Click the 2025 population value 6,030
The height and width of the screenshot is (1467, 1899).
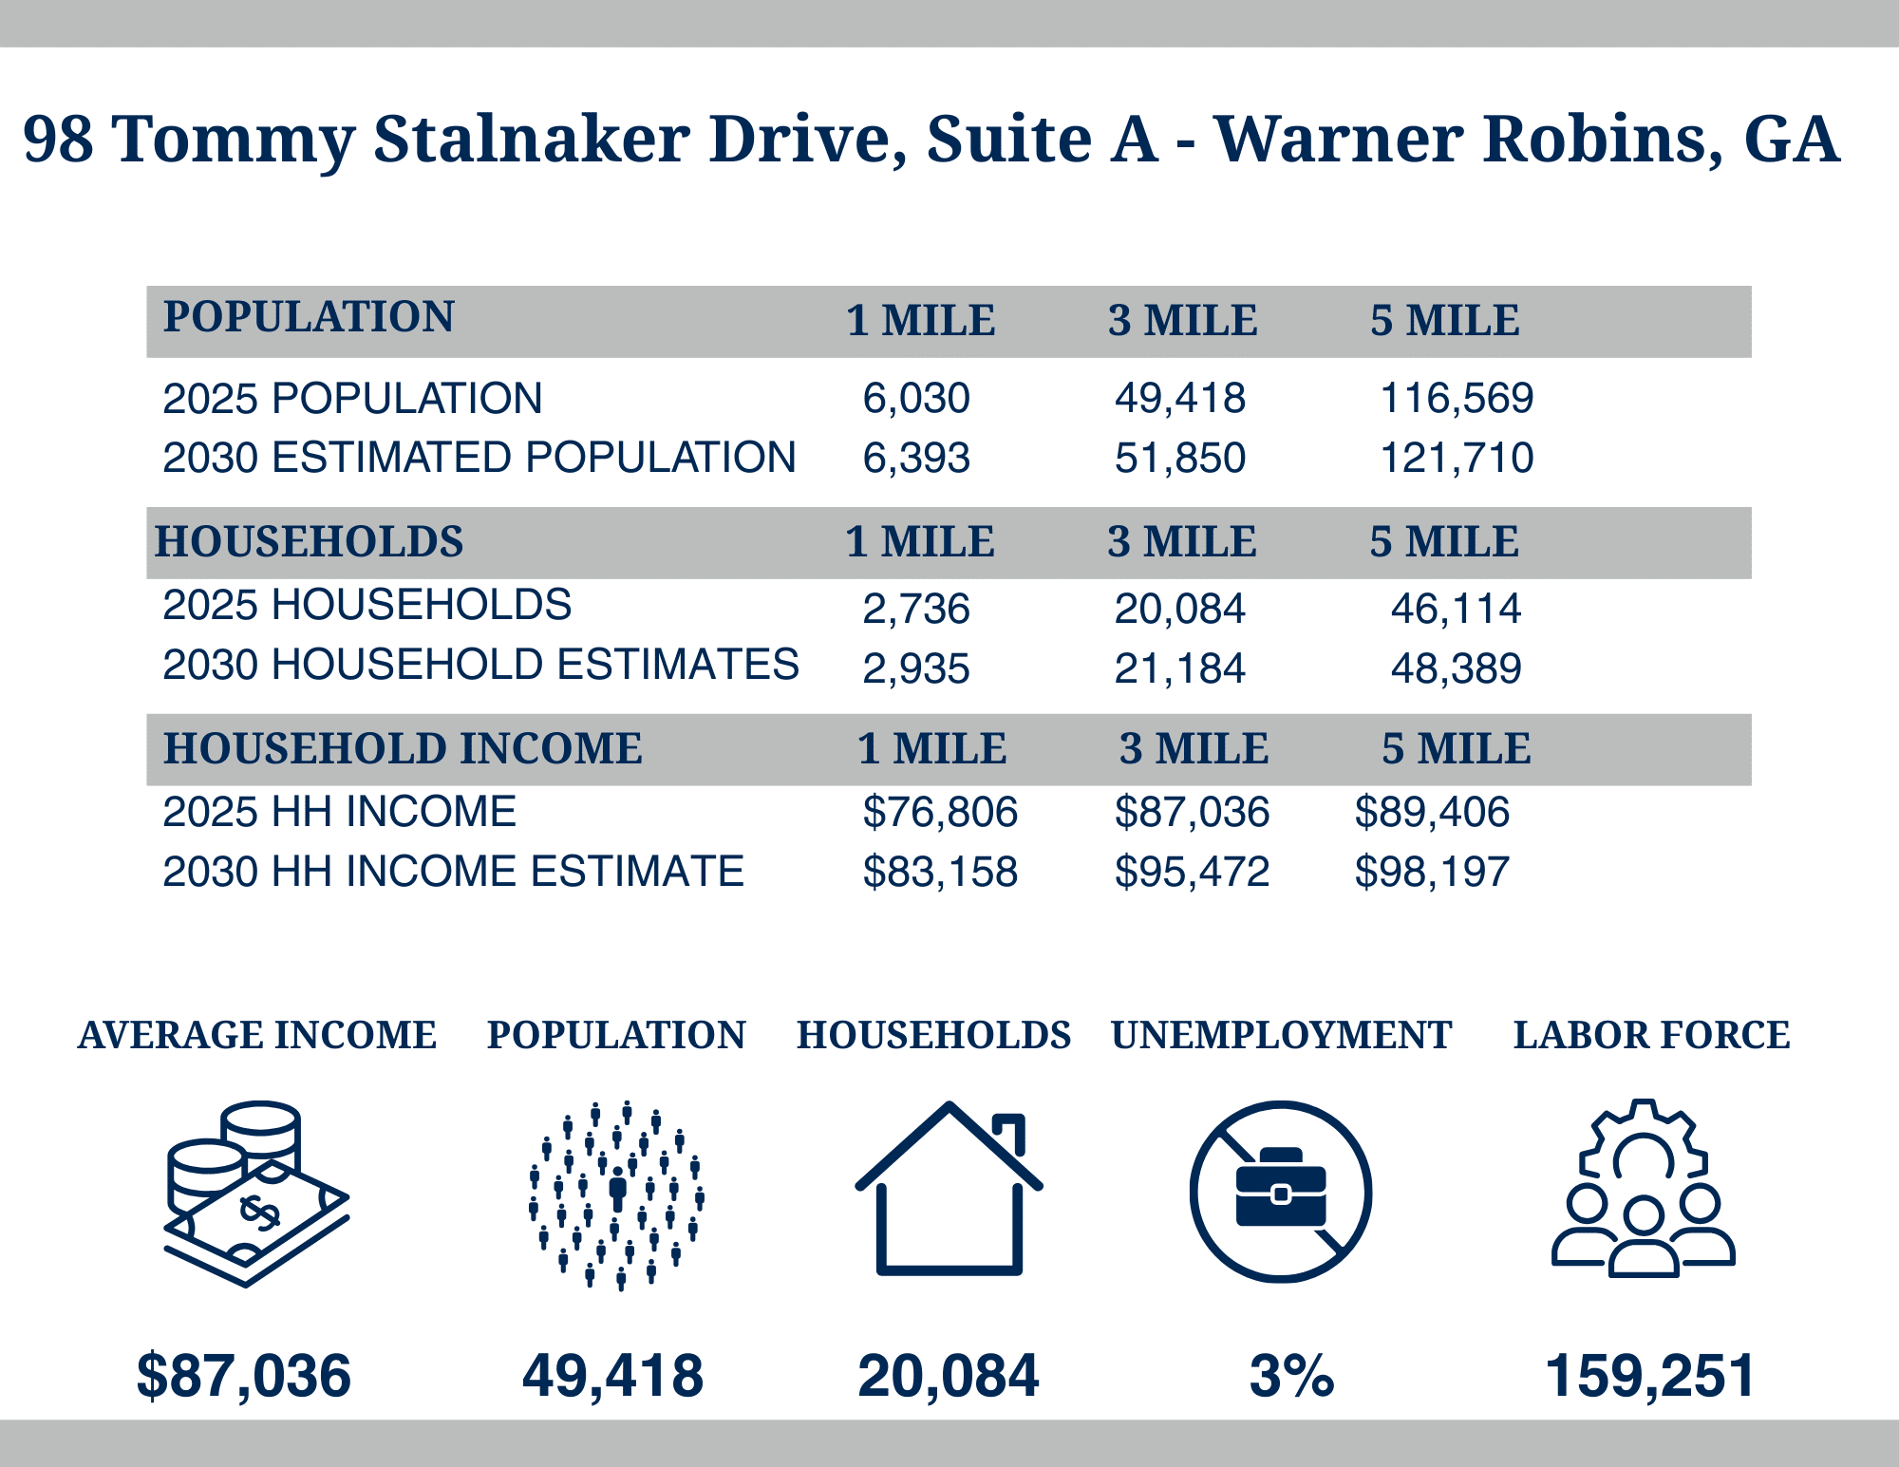click(915, 398)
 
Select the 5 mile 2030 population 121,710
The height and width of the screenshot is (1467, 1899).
click(1456, 458)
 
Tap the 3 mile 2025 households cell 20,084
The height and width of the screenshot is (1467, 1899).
click(1179, 609)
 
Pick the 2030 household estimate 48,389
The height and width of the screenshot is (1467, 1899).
click(1456, 668)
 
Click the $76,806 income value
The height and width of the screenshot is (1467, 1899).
click(939, 813)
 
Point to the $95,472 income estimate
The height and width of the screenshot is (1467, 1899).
click(1192, 872)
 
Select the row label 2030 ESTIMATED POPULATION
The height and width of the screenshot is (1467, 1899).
click(479, 458)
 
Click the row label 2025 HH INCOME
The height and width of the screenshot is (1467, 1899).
click(339, 813)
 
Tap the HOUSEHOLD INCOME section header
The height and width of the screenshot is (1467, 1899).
click(403, 748)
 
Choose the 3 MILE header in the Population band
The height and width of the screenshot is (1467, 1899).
click(1182, 321)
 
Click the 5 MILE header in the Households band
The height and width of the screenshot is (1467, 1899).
click(1443, 542)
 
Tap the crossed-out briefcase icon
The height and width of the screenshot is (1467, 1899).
click(1280, 1192)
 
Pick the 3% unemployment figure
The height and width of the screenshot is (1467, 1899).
click(1291, 1376)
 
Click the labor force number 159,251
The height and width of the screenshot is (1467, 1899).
click(1650, 1376)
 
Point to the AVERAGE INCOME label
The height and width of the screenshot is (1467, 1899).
click(257, 1035)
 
